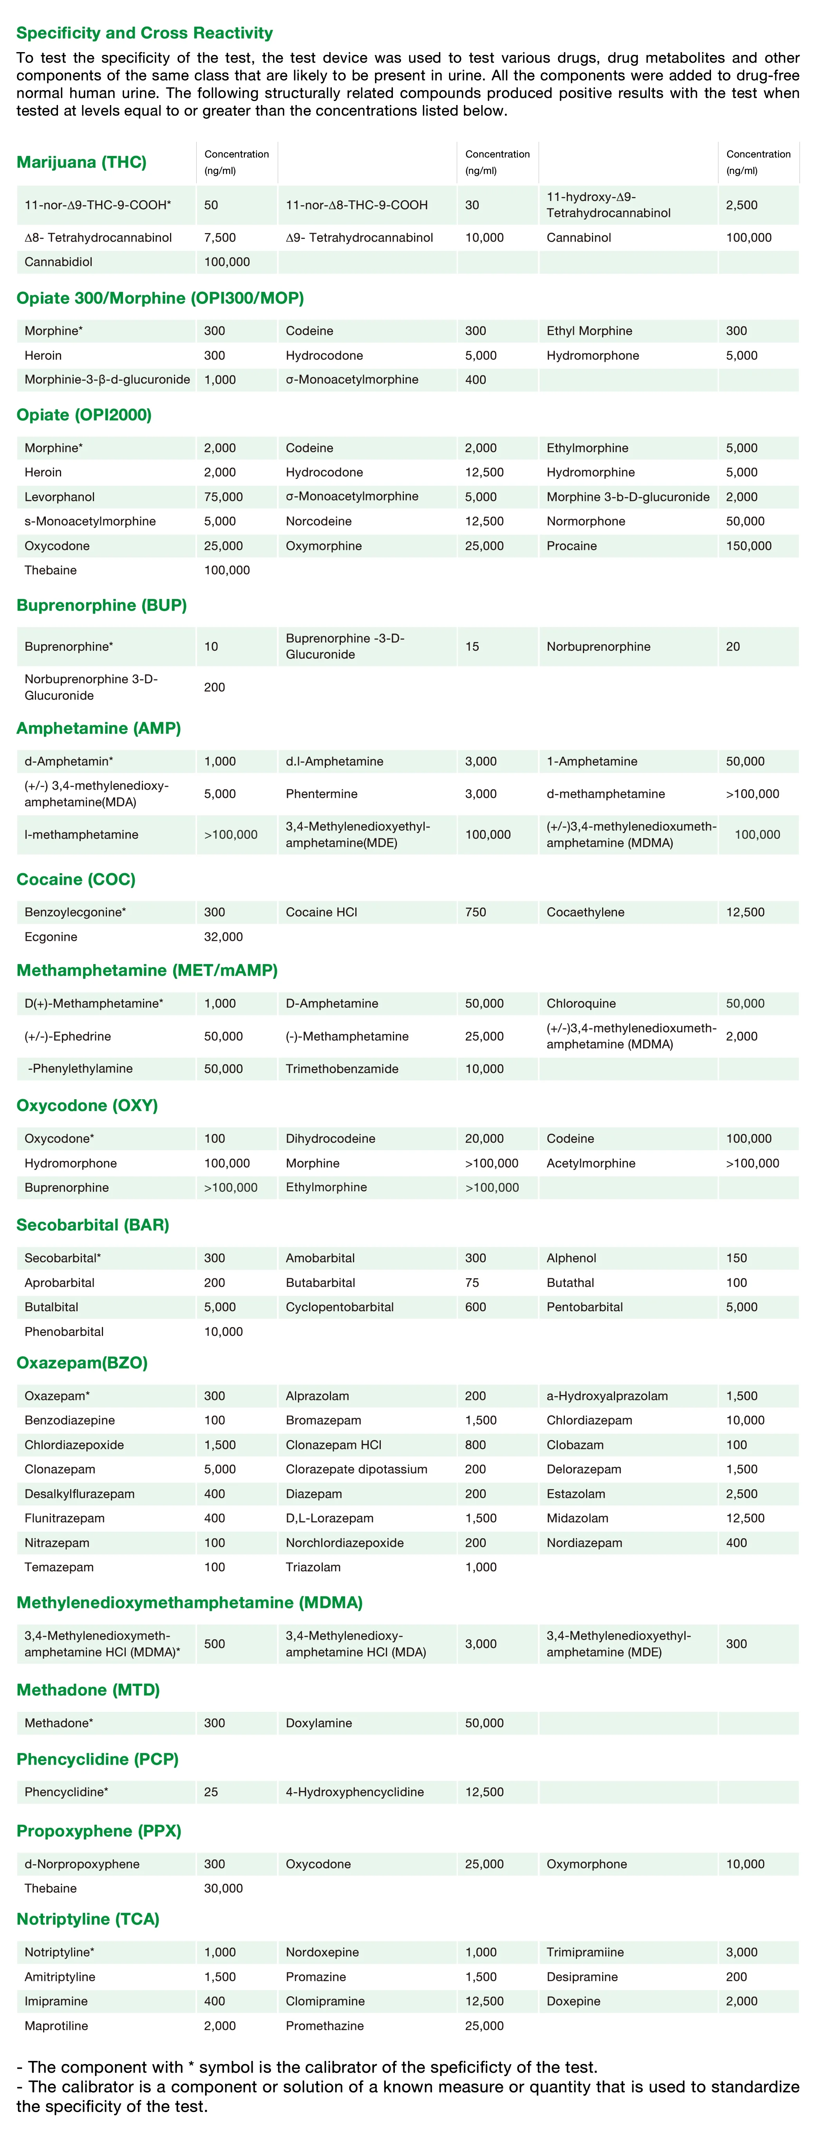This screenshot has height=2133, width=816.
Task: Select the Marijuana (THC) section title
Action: click(81, 162)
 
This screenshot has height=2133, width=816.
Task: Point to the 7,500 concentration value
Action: click(219, 238)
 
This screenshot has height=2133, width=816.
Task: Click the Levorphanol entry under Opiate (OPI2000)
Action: click(60, 497)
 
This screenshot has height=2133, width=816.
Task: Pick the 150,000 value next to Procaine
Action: click(748, 546)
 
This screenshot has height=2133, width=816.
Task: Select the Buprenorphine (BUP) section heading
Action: click(101, 605)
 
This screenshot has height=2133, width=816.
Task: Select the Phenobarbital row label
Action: click(64, 1332)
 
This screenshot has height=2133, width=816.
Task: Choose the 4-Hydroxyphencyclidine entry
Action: click(355, 1792)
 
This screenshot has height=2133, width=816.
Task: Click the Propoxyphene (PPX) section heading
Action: click(99, 1831)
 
